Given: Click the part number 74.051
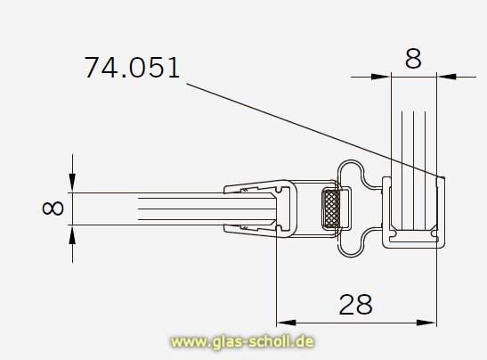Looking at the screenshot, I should (x=132, y=67).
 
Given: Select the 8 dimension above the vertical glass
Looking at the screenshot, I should (x=413, y=59).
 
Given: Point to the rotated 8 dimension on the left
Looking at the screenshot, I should (x=53, y=209).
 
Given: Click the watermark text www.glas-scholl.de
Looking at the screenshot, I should (x=242, y=341).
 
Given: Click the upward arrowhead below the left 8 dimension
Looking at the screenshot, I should (x=72, y=234).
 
